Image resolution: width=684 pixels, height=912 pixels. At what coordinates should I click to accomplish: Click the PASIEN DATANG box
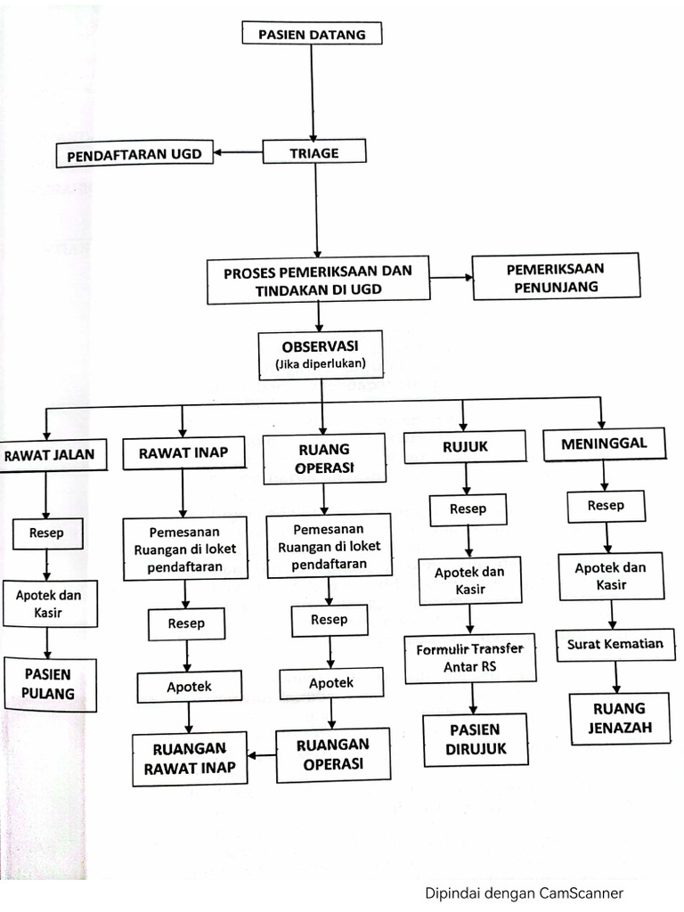tap(311, 34)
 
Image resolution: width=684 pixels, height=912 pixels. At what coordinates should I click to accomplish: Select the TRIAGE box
tap(313, 152)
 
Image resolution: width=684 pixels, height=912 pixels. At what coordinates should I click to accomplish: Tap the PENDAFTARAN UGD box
tap(134, 154)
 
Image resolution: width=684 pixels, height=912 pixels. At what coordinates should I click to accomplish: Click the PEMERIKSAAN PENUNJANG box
tap(555, 278)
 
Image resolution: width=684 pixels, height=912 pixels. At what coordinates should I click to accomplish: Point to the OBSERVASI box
tap(320, 354)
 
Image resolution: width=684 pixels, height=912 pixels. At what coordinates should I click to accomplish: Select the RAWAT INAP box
tap(183, 453)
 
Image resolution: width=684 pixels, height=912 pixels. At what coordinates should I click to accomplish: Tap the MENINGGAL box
tap(603, 444)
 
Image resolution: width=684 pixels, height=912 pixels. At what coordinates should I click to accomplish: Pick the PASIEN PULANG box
tap(49, 683)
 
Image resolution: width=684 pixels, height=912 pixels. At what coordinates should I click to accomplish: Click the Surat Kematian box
tap(615, 645)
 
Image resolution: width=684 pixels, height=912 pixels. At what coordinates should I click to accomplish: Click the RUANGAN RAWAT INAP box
tap(189, 758)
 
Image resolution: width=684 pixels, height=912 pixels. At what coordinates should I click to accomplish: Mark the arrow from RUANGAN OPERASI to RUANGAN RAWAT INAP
tap(261, 755)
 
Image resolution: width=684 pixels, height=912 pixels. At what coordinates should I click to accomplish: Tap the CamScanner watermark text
tap(523, 893)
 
